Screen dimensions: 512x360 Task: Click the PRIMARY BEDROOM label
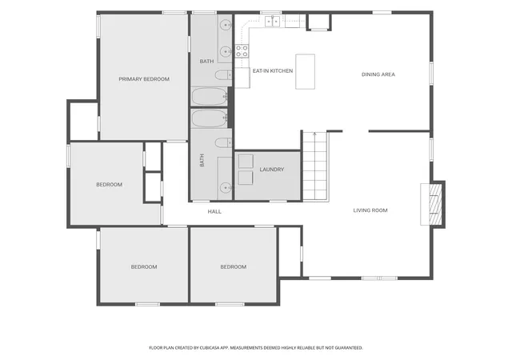point(144,79)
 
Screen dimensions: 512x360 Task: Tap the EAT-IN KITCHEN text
point(273,71)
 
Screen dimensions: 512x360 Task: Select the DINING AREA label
point(378,74)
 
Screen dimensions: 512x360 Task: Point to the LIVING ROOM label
point(370,210)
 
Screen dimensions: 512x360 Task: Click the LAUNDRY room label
point(272,170)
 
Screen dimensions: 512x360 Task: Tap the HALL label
point(214,212)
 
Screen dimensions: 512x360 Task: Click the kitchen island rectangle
point(306,71)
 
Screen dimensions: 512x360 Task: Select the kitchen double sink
point(273,22)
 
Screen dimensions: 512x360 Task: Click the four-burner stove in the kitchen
point(242,51)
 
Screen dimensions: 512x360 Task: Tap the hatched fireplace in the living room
point(435,204)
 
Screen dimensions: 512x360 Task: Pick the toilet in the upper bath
point(224,75)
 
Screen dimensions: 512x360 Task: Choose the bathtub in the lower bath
point(210,118)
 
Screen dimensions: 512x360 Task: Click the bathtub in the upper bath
point(210,97)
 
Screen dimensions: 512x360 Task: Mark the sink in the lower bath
point(226,188)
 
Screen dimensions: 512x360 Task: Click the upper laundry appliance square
point(246,162)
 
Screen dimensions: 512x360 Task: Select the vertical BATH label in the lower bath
point(202,160)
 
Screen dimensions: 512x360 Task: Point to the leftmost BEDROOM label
point(109,185)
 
